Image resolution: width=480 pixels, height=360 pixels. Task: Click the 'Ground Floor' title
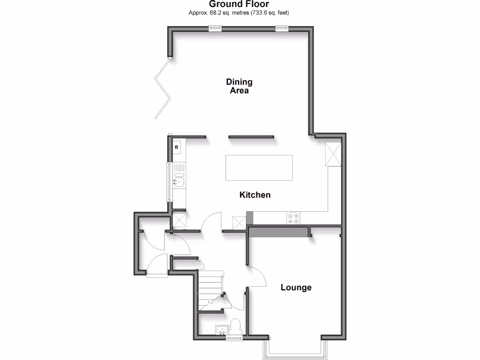(239, 4)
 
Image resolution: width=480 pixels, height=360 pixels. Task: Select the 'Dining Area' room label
(239, 86)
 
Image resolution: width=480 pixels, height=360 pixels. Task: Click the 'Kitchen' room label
(255, 195)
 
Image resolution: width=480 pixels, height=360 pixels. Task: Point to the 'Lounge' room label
(296, 287)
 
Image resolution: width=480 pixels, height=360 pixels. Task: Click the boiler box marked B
(177, 148)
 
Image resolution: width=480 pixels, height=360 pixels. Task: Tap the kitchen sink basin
(179, 180)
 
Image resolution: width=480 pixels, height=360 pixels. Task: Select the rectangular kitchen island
(259, 168)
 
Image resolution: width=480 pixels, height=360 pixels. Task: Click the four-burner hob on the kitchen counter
(294, 218)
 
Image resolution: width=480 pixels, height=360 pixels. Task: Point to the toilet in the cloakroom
(236, 326)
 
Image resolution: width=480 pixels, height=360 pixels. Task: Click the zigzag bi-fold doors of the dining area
(163, 89)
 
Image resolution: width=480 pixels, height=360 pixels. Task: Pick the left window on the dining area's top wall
(215, 29)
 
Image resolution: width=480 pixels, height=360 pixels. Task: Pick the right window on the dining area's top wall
(281, 29)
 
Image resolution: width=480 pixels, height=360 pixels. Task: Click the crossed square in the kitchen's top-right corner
(334, 154)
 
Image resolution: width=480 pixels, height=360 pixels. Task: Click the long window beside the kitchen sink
(167, 182)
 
